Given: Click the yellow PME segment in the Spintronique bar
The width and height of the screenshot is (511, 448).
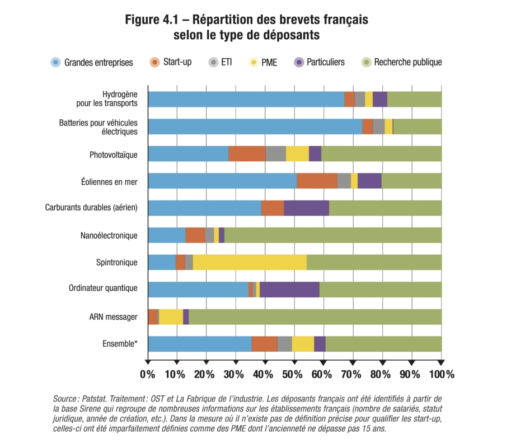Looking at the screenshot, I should [250, 262].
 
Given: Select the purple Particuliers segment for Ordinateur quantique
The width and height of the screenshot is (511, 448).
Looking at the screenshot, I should [289, 290].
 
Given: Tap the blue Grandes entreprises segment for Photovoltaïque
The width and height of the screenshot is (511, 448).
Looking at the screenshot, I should [188, 153].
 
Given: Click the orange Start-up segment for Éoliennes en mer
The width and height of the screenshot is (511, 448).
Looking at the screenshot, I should [317, 181].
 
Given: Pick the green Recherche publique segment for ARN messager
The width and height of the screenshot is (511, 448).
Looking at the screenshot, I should [315, 317].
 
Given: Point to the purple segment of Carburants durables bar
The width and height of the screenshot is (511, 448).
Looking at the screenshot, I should [306, 208].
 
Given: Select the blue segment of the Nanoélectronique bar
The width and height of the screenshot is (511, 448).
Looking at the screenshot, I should [166, 235].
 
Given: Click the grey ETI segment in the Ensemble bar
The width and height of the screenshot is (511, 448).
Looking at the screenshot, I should [284, 344].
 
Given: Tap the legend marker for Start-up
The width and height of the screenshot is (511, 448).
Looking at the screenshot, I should [154, 62].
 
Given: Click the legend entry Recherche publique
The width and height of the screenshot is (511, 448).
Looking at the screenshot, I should [407, 62].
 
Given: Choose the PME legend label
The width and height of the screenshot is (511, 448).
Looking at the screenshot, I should [269, 62].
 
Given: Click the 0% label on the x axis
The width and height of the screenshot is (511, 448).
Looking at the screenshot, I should [148, 374].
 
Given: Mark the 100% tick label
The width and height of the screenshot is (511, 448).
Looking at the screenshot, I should [441, 374].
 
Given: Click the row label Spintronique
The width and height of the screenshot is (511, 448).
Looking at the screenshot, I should [116, 262].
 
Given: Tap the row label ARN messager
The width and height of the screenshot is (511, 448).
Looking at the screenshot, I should [113, 317].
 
